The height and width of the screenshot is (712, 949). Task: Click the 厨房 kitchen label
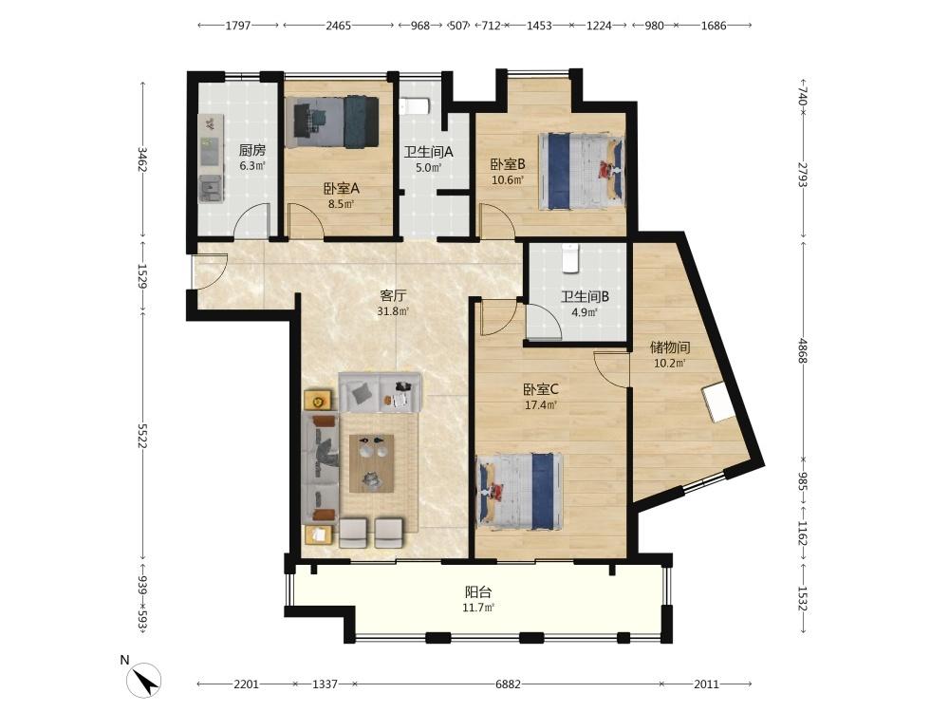pyautogui.click(x=251, y=150)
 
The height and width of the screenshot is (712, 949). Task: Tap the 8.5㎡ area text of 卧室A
pyautogui.click(x=341, y=204)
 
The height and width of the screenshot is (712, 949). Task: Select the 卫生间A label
pyautogui.click(x=429, y=152)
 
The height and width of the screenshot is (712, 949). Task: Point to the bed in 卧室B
pyautogui.click(x=581, y=171)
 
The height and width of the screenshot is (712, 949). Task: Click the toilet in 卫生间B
pyautogui.click(x=570, y=258)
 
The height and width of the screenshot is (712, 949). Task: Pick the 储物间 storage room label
pyautogui.click(x=670, y=347)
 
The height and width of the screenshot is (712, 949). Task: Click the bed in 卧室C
pyautogui.click(x=520, y=491)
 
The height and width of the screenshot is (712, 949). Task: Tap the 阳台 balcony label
pyautogui.click(x=478, y=592)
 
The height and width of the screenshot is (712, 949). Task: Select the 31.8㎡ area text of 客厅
pyautogui.click(x=393, y=311)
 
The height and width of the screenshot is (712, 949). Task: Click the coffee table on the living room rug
pyautogui.click(x=372, y=463)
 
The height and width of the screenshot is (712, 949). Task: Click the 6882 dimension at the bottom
pyautogui.click(x=508, y=684)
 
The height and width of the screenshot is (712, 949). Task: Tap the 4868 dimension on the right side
pyautogui.click(x=803, y=351)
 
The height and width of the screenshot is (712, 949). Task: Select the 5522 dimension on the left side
pyautogui.click(x=143, y=436)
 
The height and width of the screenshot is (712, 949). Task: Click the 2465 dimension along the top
pyautogui.click(x=339, y=26)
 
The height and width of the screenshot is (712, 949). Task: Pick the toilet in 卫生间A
pyautogui.click(x=415, y=106)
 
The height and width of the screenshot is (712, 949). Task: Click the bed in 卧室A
pyautogui.click(x=335, y=122)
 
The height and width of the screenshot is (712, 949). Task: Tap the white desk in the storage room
pyautogui.click(x=719, y=402)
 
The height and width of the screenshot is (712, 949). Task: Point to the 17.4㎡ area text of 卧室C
pyautogui.click(x=541, y=405)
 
